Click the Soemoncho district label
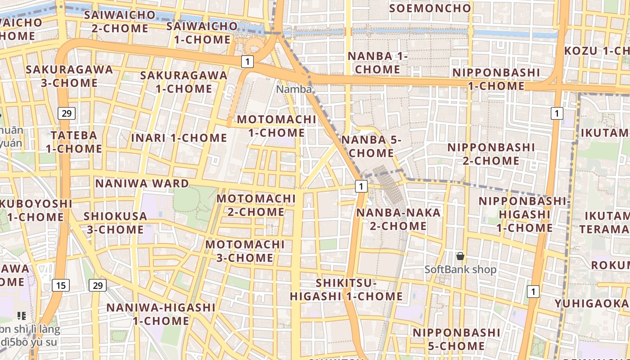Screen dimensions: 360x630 coord(430,8)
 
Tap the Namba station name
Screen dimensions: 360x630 coord(293,89)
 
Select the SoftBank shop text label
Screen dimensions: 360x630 coord(460,270)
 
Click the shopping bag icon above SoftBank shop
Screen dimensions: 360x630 coord(460,256)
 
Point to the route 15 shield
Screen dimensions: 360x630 coord(61,285)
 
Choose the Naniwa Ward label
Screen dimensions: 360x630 coord(142,184)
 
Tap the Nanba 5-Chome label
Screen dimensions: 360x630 coord(371,146)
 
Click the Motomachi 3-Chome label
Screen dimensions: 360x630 coord(245,251)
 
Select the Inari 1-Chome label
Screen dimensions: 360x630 coord(179,138)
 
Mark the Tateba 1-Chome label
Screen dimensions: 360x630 coord(74,142)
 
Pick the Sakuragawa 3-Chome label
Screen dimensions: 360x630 coord(69,76)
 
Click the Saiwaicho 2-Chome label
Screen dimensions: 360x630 coord(120,22)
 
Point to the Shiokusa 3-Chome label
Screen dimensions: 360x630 coord(115,223)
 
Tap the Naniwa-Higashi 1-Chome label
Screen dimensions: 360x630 coord(161,314)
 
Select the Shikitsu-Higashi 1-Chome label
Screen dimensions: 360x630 coord(346,289)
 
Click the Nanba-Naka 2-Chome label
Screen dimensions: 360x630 coord(398,219)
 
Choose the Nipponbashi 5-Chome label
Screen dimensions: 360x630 coord(456,339)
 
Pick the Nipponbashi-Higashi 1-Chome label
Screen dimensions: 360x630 coord(524,214)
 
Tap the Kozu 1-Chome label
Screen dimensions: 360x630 coord(597,51)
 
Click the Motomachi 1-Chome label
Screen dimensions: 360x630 coord(276,126)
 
